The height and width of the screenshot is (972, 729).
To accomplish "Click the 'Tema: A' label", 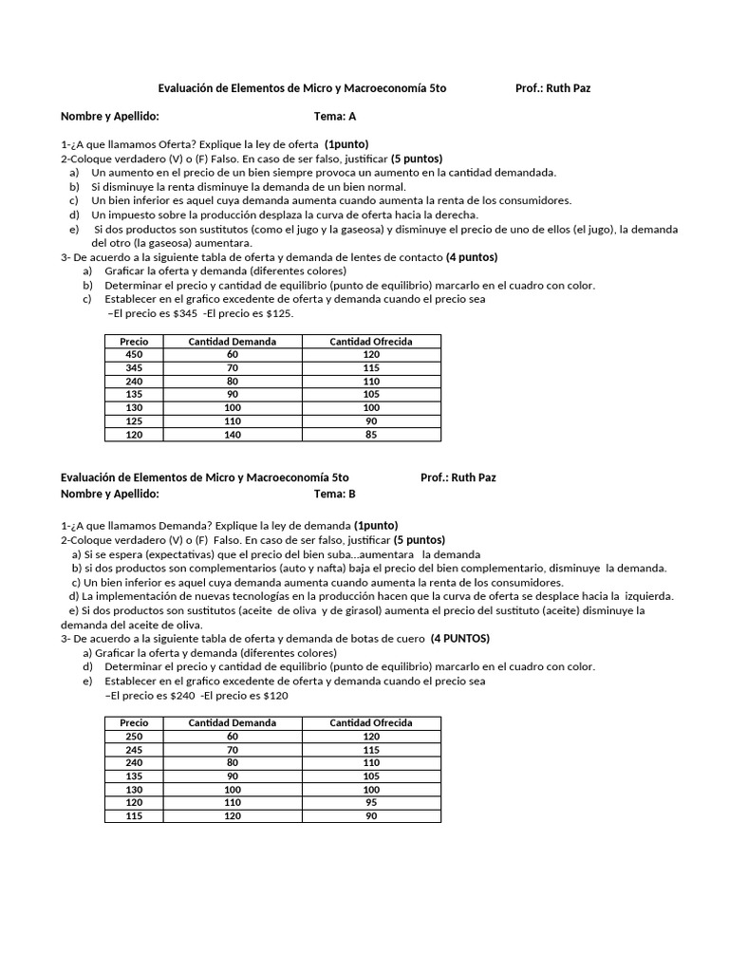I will point(335,117).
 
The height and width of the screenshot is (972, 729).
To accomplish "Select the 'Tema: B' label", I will point(335,494).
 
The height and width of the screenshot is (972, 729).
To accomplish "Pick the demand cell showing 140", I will point(233,435).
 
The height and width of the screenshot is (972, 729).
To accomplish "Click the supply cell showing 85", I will point(370,435).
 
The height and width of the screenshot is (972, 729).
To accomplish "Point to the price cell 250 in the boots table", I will point(134,737).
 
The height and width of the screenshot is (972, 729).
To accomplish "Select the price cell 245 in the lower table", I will point(134,750).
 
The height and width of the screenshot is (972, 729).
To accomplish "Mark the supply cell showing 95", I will point(370,803).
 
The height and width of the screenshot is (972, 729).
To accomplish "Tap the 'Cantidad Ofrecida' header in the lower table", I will point(370,723).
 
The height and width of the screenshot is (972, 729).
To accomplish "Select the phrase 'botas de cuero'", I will point(387,639).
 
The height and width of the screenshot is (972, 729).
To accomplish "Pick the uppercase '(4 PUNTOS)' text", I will point(462,639).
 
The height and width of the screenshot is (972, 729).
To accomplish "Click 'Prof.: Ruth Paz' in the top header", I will point(554,88).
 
